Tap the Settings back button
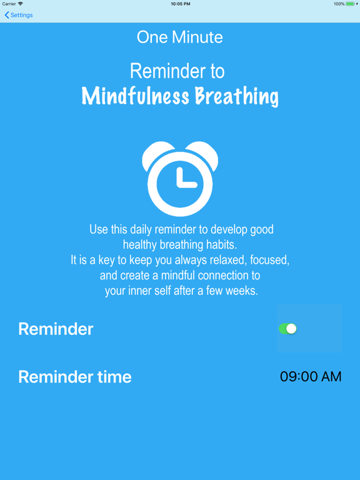(19, 15)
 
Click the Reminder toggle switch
(287, 329)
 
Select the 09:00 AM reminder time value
(311, 377)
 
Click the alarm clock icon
(180, 179)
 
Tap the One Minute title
(180, 37)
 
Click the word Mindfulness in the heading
(135, 96)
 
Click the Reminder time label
(75, 377)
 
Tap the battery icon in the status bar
(351, 4)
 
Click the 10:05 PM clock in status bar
(180, 4)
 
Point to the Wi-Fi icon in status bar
(21, 4)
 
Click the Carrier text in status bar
(9, 4)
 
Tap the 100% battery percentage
(339, 4)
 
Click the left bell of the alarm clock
(154, 153)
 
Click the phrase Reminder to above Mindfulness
(177, 71)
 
